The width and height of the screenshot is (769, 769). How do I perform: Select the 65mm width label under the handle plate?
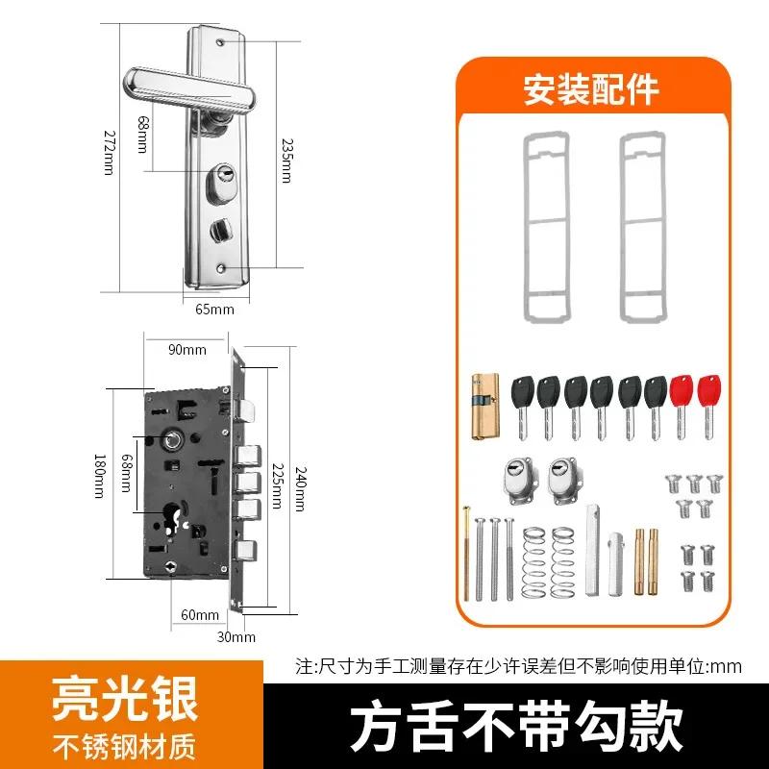click(x=214, y=310)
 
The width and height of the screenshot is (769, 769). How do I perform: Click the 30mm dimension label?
click(x=236, y=636)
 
